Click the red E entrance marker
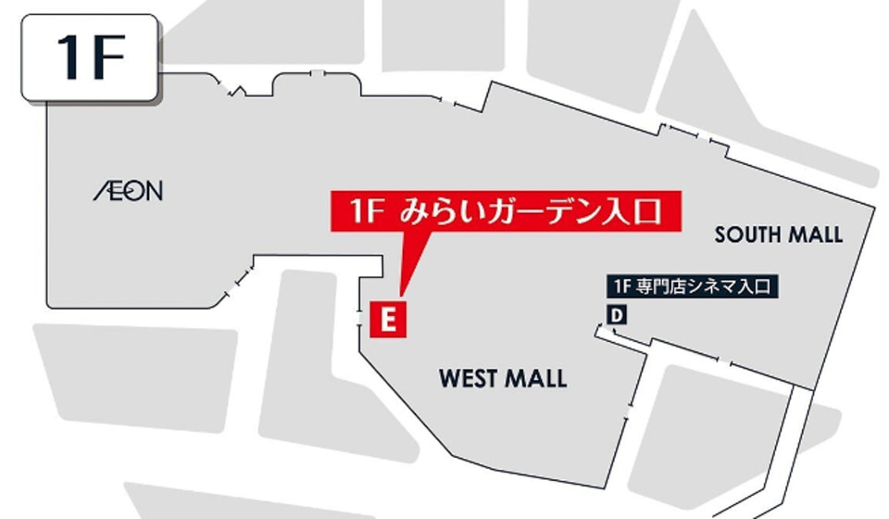pyautogui.click(x=389, y=319)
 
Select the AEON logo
pyautogui.click(x=128, y=192)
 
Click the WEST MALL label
pyautogui.click(x=503, y=378)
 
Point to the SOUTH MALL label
pyautogui.click(x=779, y=234)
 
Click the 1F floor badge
pyautogui.click(x=90, y=58)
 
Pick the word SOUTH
pyautogui.click(x=747, y=234)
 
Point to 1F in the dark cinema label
pyautogui.click(x=619, y=287)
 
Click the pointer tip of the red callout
pyautogui.click(x=400, y=295)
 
